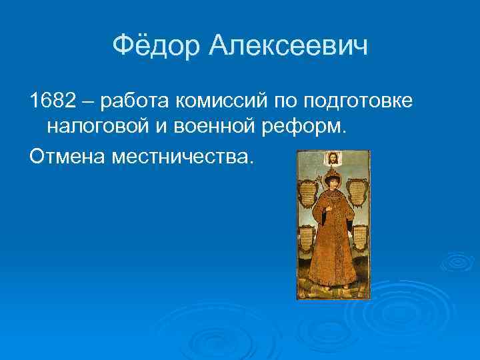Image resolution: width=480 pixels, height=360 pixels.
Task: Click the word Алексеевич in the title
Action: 288,46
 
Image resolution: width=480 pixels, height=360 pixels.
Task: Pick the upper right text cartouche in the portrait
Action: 358,191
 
